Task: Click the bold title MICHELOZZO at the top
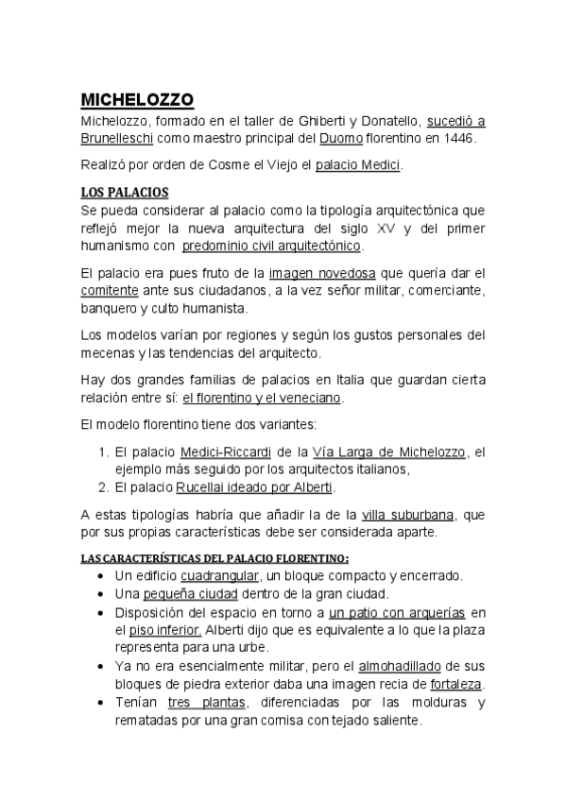(x=137, y=99)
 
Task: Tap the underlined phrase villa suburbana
(x=408, y=515)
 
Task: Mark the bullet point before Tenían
(x=101, y=702)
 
